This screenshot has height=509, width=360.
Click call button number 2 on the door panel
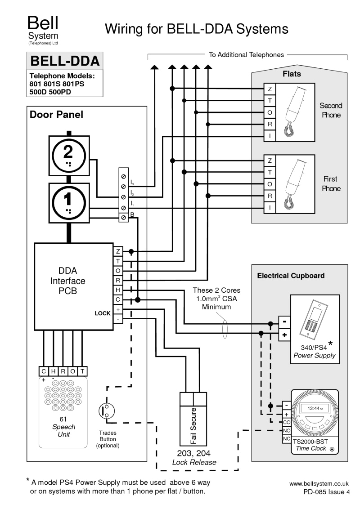point(68,156)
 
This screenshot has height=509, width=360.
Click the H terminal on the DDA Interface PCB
point(118,290)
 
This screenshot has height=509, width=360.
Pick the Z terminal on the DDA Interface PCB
point(118,251)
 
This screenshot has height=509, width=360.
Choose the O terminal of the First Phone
point(269,184)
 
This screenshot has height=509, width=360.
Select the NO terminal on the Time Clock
point(286,430)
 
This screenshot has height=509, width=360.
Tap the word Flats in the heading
point(292,74)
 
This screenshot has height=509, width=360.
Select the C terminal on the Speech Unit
point(44,371)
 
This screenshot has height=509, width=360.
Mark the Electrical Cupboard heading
point(290,276)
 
